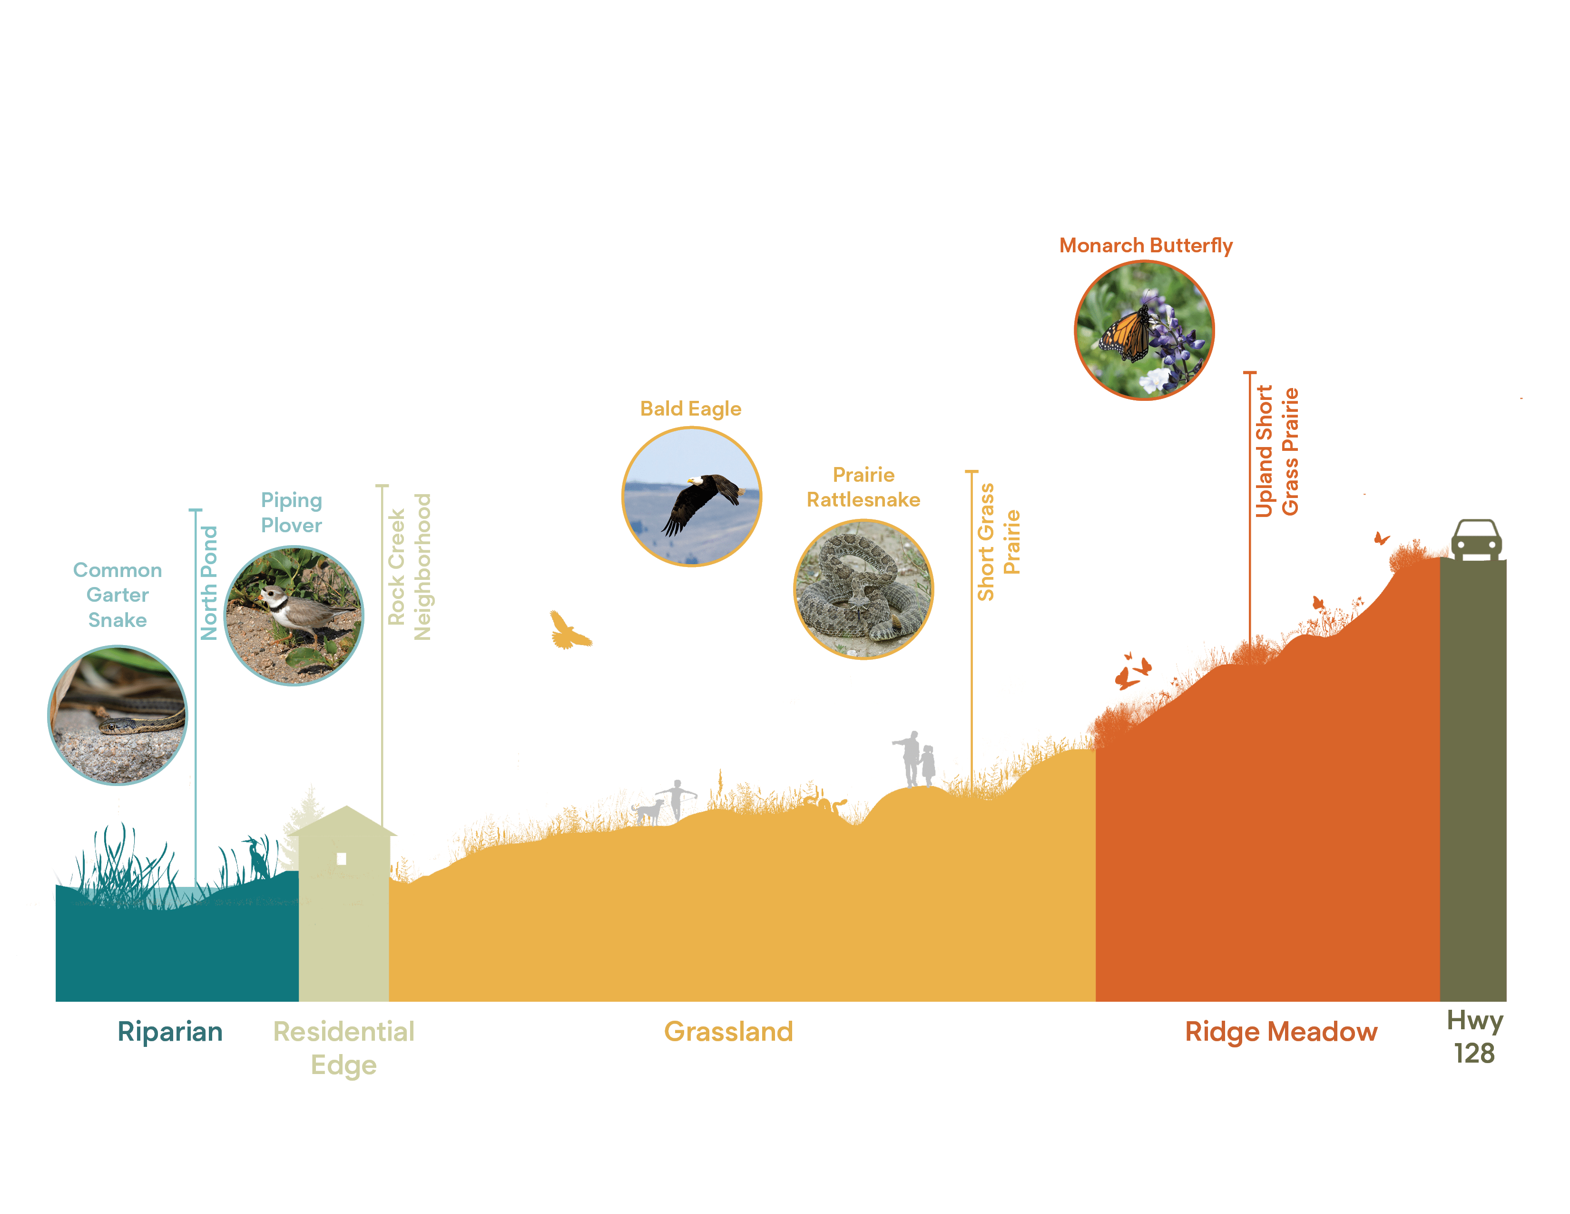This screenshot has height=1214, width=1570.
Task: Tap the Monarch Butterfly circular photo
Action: point(1144,330)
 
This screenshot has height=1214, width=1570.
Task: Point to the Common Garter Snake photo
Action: point(117,715)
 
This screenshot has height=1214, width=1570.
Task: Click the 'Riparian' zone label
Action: point(170,1031)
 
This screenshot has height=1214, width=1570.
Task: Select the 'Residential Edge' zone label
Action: point(343,1048)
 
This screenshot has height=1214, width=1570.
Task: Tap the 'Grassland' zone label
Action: point(728,1031)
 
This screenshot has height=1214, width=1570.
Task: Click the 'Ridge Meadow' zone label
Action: point(1281,1031)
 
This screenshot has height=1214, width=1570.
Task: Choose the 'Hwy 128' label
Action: point(1474,1036)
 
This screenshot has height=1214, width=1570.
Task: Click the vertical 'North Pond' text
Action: point(208,583)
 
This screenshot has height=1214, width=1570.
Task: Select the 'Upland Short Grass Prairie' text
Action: point(1277,452)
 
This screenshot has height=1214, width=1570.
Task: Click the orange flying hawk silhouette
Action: point(569,631)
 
